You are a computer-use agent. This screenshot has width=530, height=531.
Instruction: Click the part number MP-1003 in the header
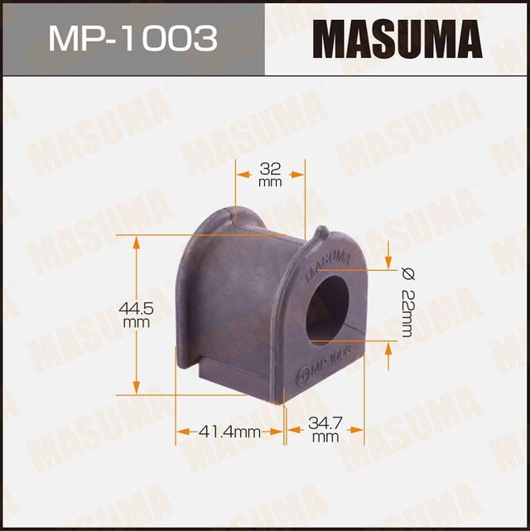click(x=132, y=38)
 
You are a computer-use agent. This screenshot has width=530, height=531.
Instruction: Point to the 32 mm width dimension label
click(x=270, y=174)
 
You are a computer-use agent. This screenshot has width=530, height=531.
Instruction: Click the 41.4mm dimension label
click(x=229, y=431)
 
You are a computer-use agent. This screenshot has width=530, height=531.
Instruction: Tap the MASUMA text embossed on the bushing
click(x=325, y=263)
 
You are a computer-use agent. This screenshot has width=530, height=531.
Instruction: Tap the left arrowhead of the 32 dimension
click(x=240, y=174)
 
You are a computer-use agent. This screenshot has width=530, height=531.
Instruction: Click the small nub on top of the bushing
click(x=324, y=233)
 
